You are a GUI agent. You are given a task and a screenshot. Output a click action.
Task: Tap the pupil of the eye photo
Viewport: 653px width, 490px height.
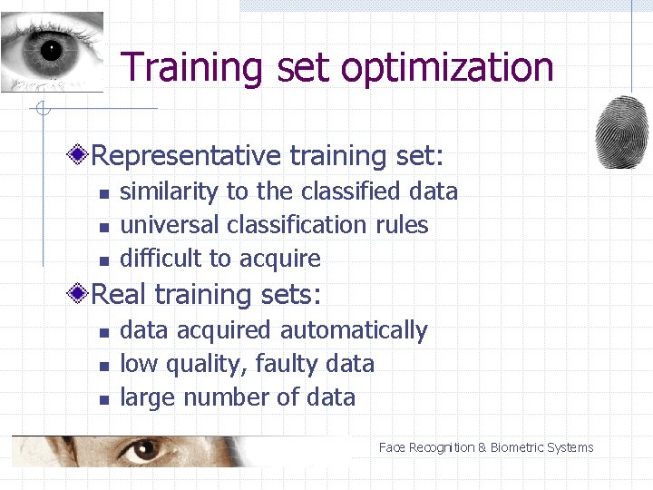(x=49, y=50)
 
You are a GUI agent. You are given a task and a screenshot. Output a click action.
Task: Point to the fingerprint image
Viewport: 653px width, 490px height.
(x=621, y=132)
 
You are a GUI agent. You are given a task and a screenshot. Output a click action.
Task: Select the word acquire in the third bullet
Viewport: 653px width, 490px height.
(x=280, y=259)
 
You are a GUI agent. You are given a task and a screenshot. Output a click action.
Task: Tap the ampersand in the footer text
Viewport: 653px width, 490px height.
(x=482, y=447)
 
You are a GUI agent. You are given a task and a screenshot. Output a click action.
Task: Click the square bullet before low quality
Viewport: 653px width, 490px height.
(x=104, y=366)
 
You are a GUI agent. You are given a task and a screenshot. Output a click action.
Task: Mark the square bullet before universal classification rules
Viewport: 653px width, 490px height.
(x=104, y=226)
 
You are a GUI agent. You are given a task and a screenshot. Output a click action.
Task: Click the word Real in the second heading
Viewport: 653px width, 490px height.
(x=119, y=294)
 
